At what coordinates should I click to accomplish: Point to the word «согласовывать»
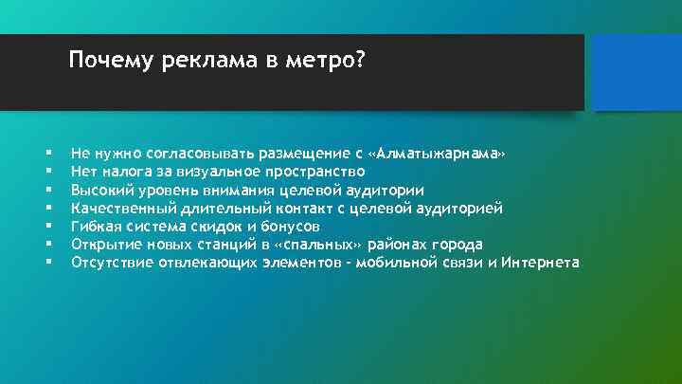tap(185, 154)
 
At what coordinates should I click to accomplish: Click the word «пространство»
tap(322, 172)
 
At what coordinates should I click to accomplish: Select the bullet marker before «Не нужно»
tap(45, 154)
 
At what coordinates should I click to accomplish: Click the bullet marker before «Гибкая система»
tap(45, 227)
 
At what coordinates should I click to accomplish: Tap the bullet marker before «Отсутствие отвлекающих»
tap(45, 263)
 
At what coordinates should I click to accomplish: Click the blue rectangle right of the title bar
tap(633, 71)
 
